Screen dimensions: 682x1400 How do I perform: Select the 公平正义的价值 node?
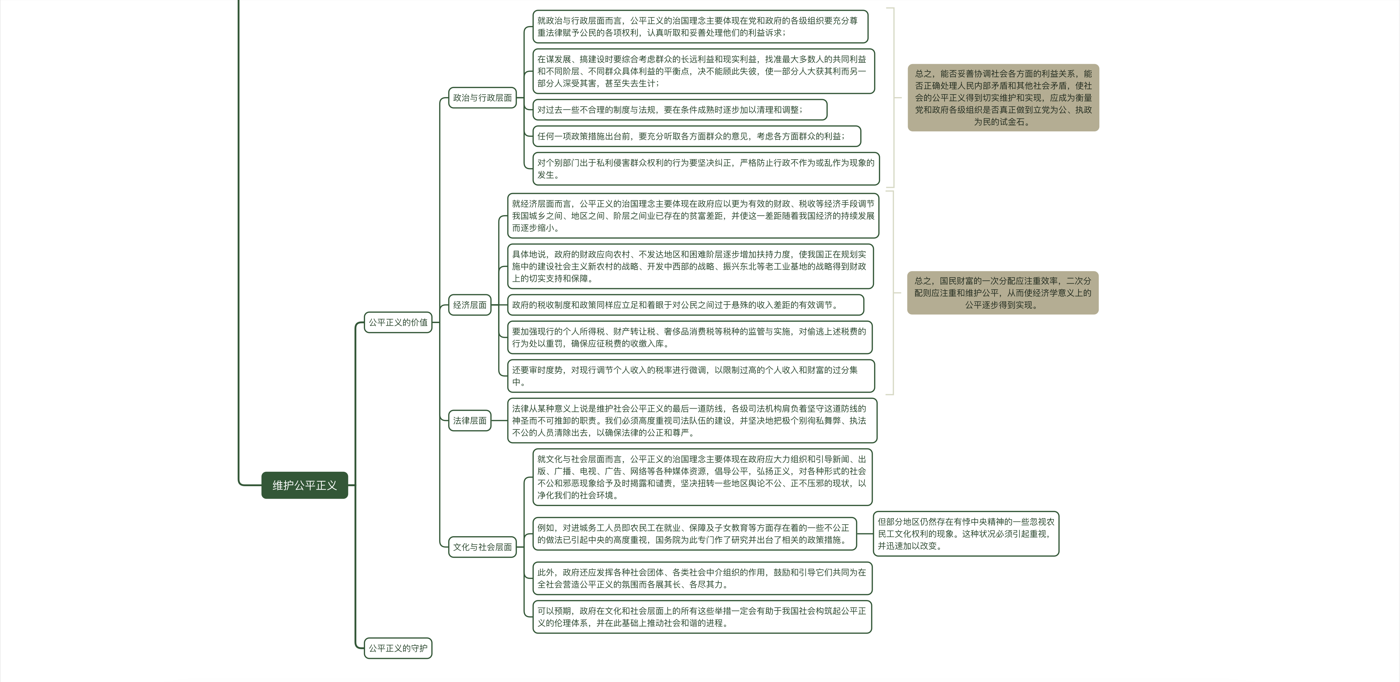click(398, 322)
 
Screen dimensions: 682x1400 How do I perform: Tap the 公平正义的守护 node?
click(398, 648)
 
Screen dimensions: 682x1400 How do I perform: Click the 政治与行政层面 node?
click(482, 98)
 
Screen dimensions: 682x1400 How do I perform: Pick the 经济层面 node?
click(470, 305)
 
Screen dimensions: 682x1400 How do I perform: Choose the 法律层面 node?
click(470, 420)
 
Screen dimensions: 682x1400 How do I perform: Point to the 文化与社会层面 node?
click(482, 547)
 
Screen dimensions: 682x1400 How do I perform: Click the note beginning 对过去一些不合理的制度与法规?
click(679, 110)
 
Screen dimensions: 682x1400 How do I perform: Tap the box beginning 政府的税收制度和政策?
click(685, 305)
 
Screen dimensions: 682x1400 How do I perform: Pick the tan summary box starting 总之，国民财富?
click(1003, 293)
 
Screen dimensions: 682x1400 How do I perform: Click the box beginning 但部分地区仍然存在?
click(966, 534)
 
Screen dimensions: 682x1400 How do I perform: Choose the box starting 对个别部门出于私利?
click(705, 169)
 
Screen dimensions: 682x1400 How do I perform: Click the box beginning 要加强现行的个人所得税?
click(689, 337)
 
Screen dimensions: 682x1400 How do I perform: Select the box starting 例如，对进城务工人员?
click(694, 534)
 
